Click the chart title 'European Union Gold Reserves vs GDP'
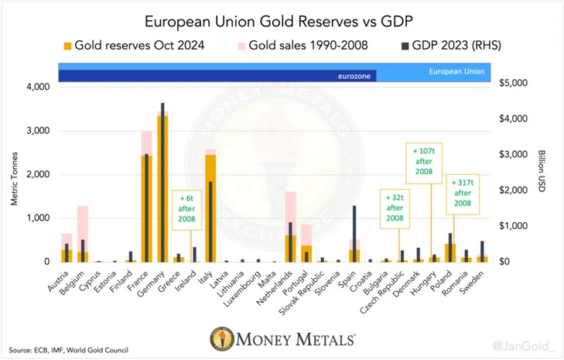(x=281, y=19)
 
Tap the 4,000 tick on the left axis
(x=35, y=87)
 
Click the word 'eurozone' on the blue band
(x=355, y=76)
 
